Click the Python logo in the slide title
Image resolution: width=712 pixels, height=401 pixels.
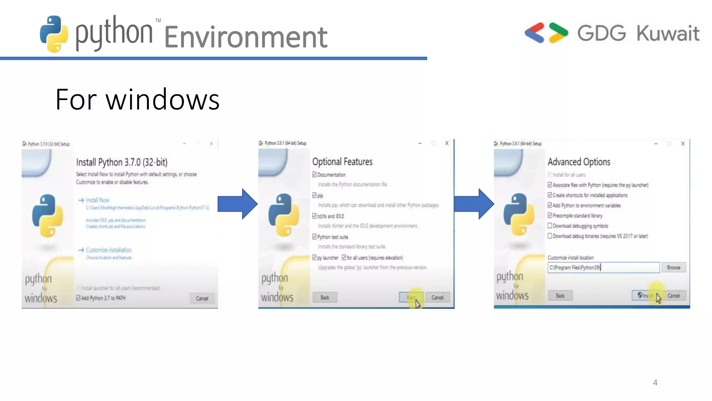coord(54,34)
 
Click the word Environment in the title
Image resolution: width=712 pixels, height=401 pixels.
coord(245,37)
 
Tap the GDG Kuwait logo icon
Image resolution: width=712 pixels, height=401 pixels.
coord(546,33)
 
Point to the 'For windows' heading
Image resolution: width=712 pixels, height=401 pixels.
coord(137,100)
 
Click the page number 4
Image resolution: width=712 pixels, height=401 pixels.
coord(655,383)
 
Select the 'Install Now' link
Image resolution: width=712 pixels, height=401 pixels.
coord(97,200)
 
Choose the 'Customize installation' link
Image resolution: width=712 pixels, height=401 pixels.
coord(108,250)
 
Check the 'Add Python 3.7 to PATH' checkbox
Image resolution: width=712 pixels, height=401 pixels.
coord(78,298)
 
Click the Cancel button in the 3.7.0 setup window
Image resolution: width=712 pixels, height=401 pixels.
coord(202,298)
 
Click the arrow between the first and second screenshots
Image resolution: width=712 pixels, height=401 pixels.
coord(237,204)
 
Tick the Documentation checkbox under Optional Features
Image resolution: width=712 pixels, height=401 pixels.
coord(314,174)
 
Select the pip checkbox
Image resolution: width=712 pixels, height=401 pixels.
coord(314,195)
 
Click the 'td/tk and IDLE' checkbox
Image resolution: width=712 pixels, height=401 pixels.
coord(314,216)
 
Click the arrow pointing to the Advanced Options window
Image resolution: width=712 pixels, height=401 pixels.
coord(474,204)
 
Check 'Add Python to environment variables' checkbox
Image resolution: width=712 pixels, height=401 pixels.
coord(550,205)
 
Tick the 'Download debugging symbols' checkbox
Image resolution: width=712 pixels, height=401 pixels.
coord(550,226)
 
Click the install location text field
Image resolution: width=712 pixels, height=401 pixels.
coord(603,267)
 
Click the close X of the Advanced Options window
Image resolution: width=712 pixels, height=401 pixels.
coord(683,143)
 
